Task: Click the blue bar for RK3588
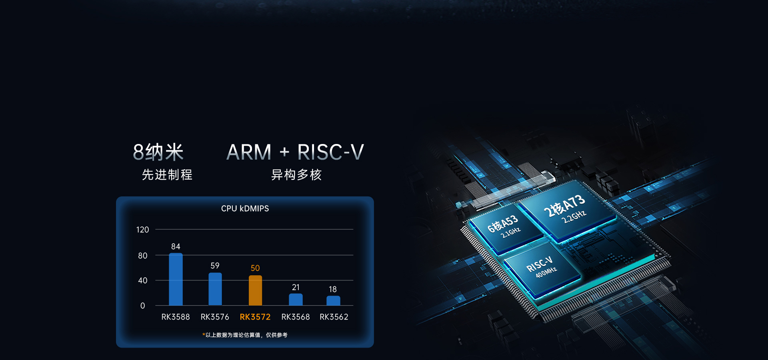coord(176,279)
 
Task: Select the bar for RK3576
coord(215,289)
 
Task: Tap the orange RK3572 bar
coord(256,290)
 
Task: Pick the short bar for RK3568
coord(296,300)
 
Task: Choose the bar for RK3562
coord(333,301)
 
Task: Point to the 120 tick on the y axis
coord(142,230)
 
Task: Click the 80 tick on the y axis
coord(143,256)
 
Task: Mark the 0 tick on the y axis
coord(143,306)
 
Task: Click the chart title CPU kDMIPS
coord(245,208)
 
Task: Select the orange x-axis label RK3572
coord(255,317)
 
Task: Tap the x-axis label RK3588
coord(176,317)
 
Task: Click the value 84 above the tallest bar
coord(176,246)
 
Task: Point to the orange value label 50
coord(255,268)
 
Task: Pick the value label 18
coord(333,289)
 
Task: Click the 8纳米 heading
coord(158,152)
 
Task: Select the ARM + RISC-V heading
coord(295,152)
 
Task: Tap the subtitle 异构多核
coord(296,175)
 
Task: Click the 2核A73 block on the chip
coord(568,211)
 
